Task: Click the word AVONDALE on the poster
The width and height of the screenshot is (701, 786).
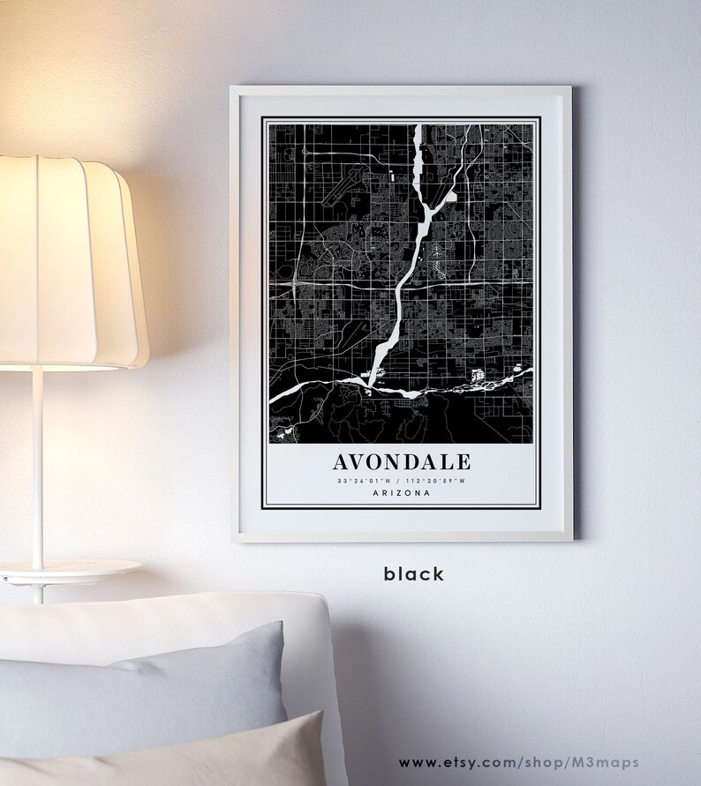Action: click(x=402, y=461)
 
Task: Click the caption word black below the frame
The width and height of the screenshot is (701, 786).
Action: click(x=414, y=574)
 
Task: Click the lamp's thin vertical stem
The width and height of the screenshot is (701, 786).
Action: click(x=38, y=468)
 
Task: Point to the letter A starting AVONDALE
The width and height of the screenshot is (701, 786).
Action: click(x=342, y=461)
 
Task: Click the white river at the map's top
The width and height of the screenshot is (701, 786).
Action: click(x=418, y=150)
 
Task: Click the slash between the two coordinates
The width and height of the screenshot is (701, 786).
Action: click(x=402, y=481)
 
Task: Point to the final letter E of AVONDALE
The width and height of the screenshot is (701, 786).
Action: click(x=464, y=461)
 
